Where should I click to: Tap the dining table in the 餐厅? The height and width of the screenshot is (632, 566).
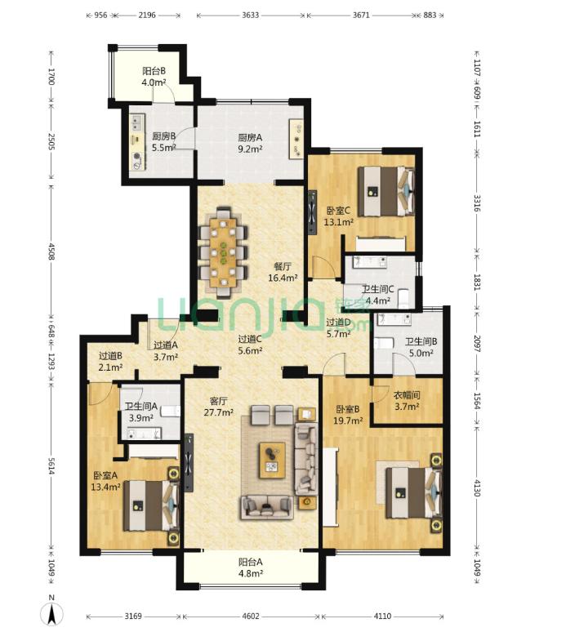tap(223, 252)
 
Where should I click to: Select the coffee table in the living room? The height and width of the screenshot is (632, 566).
tap(272, 460)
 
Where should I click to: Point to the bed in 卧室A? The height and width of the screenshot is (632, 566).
tap(151, 505)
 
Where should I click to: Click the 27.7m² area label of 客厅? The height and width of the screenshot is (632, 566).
tap(219, 412)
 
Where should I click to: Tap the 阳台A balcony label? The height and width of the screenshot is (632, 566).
tap(251, 562)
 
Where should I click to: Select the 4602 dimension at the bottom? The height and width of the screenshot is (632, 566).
tap(251, 616)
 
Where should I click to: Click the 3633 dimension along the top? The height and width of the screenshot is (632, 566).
tap(250, 16)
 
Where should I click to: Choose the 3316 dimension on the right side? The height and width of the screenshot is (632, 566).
tap(477, 203)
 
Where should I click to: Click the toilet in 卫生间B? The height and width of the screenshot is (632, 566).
tap(383, 344)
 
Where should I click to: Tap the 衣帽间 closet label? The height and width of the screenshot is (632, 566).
tap(407, 395)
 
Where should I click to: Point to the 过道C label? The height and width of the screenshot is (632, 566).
tap(250, 340)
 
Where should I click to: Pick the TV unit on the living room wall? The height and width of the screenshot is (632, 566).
tap(189, 463)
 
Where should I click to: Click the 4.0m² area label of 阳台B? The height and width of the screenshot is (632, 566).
tap(154, 83)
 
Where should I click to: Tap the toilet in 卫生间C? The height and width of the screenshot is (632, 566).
tap(404, 298)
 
